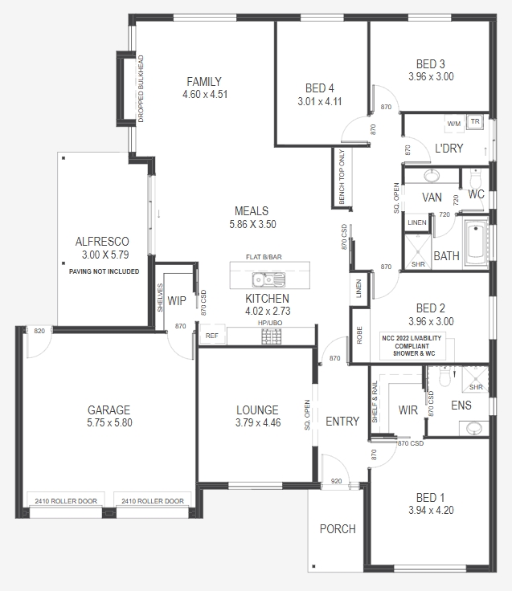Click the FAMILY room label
[204, 81]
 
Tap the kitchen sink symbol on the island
[268, 279]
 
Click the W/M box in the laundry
[454, 124]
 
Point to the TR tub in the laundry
[475, 123]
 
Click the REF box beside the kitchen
[211, 336]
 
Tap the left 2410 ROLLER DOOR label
[66, 501]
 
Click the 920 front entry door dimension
[336, 483]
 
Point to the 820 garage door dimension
[39, 330]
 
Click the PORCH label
[338, 528]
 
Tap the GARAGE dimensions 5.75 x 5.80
[110, 422]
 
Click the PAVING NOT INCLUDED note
[104, 272]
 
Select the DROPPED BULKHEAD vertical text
[141, 88]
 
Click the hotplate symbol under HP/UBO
[269, 336]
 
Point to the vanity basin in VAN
[432, 176]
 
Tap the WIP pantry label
[177, 301]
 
